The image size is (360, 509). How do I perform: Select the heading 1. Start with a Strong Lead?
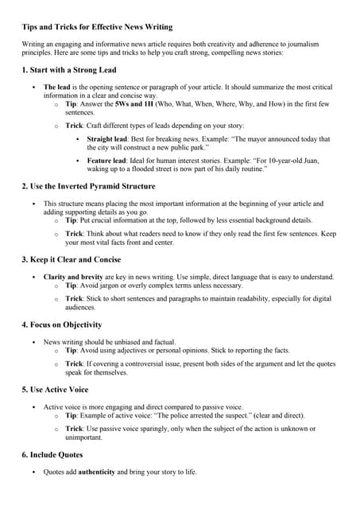tap(71, 71)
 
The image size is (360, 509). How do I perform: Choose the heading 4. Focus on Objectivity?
tap(62, 324)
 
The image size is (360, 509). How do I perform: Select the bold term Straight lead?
tap(108, 138)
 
